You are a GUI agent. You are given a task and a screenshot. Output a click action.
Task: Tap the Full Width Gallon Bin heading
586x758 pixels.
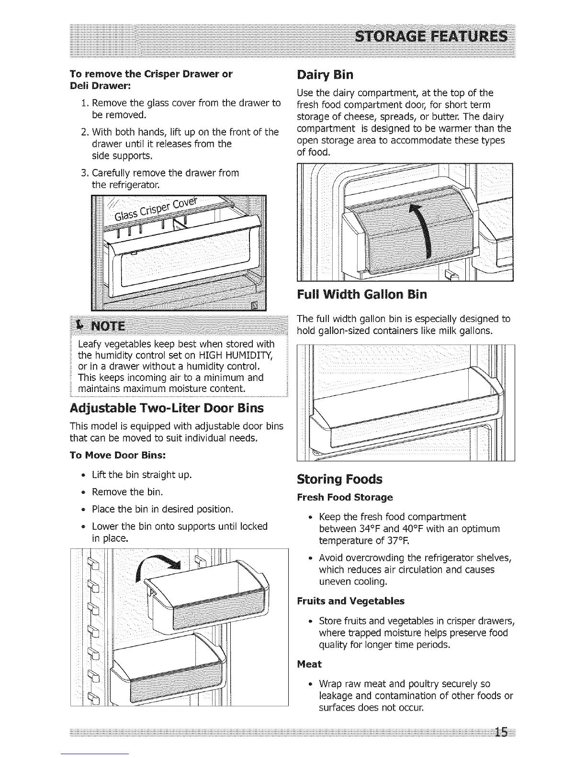point(361,294)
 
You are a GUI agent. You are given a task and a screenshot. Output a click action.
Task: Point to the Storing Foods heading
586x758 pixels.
point(339,479)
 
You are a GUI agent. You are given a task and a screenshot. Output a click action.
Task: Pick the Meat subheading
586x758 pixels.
point(309,664)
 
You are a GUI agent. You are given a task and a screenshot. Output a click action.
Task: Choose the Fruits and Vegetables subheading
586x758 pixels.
point(350,601)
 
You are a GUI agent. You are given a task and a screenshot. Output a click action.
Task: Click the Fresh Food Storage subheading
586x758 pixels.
point(345,497)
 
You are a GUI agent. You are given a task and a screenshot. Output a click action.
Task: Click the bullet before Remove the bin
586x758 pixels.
point(83,492)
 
